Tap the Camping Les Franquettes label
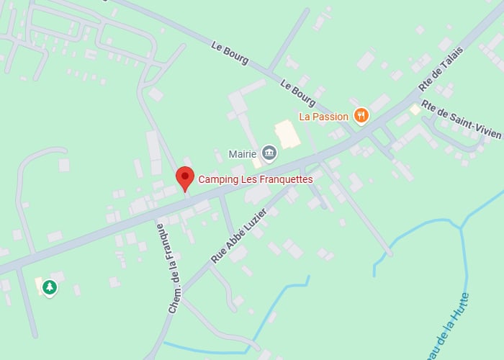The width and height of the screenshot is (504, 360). [x=256, y=179]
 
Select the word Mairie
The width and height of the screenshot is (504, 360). [x=243, y=154]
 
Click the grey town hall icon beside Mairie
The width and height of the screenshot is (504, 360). [x=269, y=153]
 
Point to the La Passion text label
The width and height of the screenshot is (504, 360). [x=324, y=116]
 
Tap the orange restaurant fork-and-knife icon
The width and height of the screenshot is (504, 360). [x=361, y=116]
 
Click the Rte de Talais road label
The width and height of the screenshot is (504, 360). [x=441, y=69]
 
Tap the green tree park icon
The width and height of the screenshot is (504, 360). [x=49, y=288]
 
